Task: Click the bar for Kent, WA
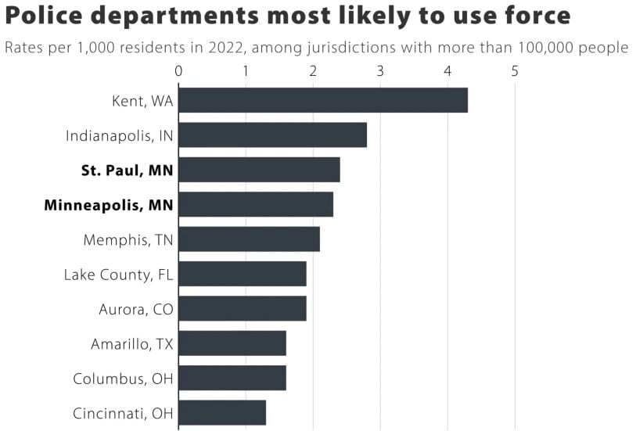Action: [x=323, y=100]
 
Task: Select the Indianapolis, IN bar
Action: [x=272, y=135]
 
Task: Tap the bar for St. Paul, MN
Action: [x=259, y=170]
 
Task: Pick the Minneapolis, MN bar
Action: [x=256, y=204]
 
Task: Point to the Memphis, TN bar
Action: [x=249, y=239]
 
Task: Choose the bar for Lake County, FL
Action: [x=243, y=274]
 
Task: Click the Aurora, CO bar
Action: [x=243, y=308]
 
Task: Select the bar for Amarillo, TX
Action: [x=232, y=343]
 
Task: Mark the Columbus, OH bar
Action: [x=232, y=379]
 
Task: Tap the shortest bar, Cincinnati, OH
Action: [x=222, y=413]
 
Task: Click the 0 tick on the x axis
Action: [x=178, y=71]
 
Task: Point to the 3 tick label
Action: [x=380, y=71]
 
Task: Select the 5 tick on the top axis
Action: [x=515, y=71]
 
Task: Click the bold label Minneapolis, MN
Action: [x=109, y=205]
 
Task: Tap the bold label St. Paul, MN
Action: [x=128, y=171]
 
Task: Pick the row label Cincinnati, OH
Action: [x=123, y=414]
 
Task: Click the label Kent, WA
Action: [x=142, y=101]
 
